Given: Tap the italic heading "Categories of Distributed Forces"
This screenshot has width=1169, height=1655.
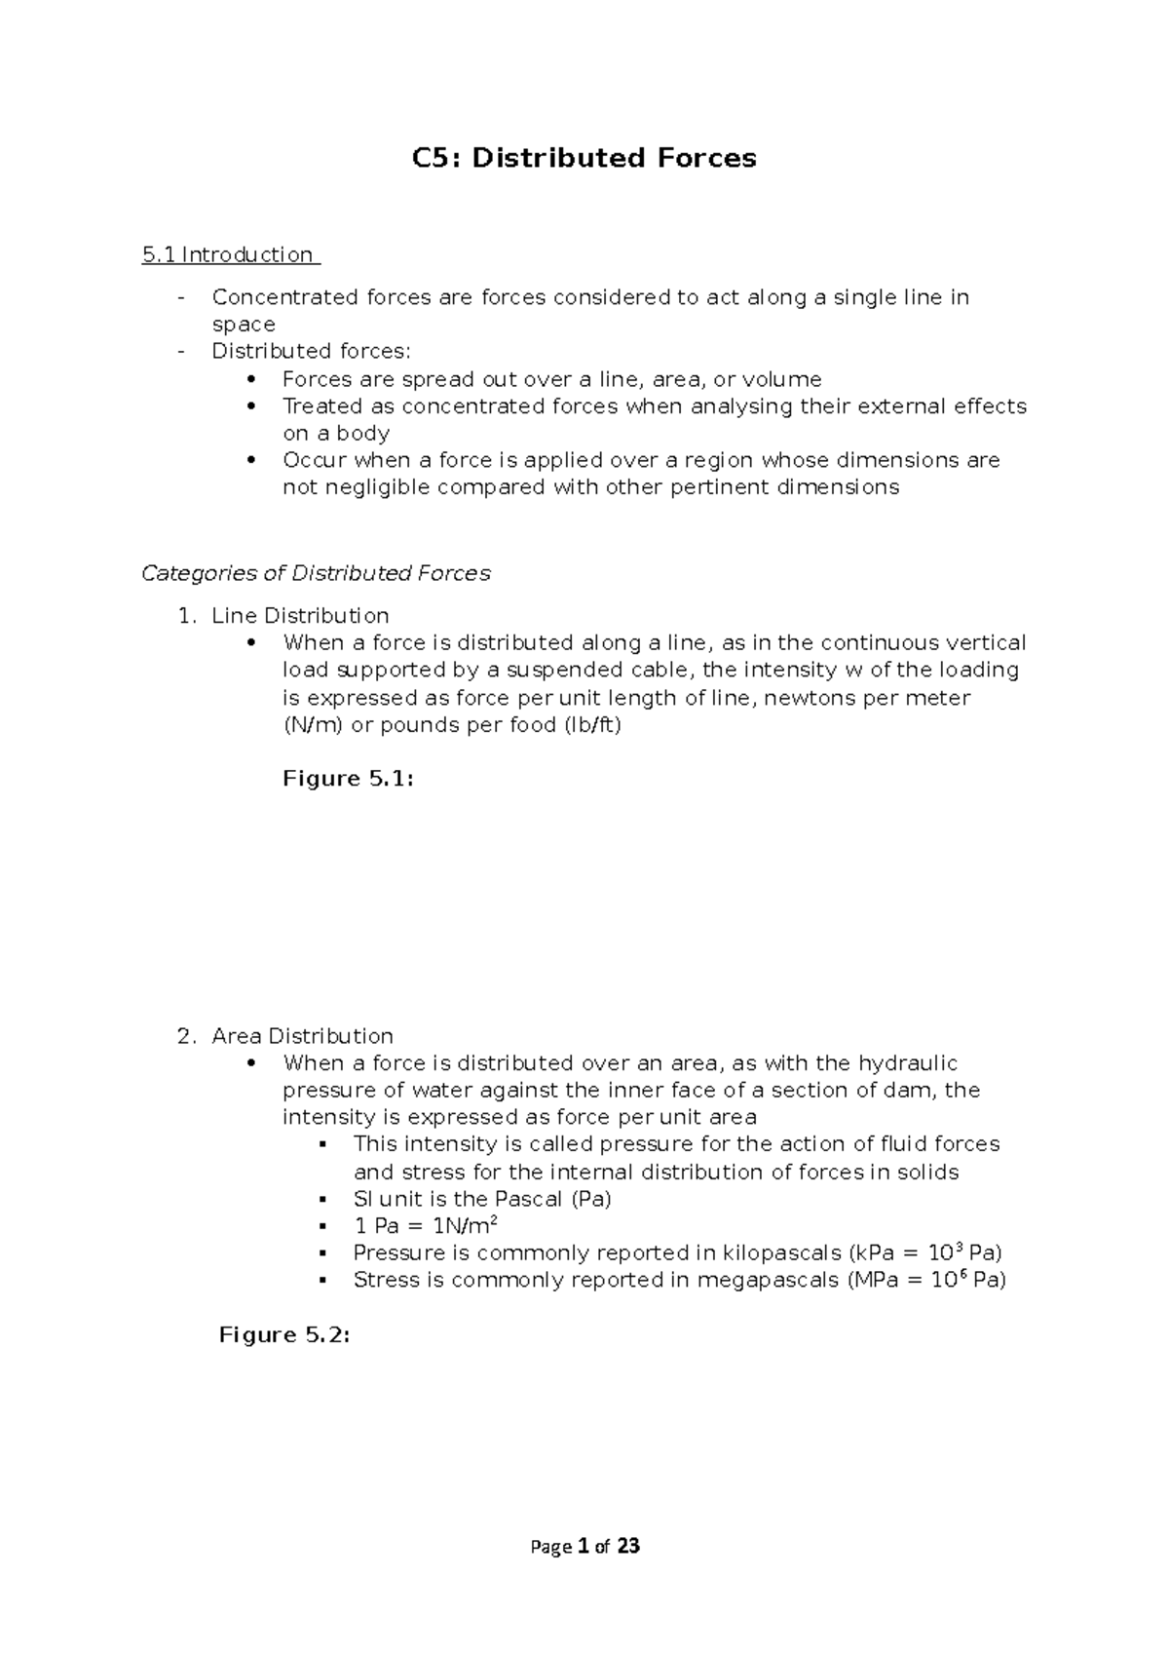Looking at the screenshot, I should coord(316,573).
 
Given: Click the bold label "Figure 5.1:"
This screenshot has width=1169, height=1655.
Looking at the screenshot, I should coord(348,779).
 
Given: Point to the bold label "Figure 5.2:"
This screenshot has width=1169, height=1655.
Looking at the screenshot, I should coord(283,1335).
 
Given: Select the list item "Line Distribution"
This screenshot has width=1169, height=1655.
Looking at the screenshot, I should coord(300,616).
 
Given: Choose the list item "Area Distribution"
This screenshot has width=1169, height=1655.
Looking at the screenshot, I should coord(302,1036).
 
